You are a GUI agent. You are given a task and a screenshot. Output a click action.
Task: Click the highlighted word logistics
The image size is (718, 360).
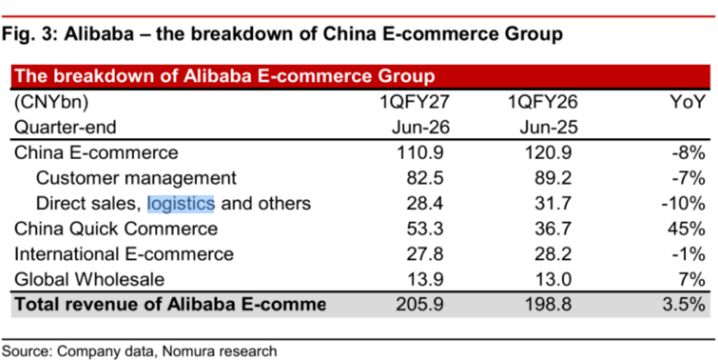pyautogui.click(x=180, y=204)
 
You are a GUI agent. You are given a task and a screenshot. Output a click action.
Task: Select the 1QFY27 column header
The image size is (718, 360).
pyautogui.click(x=414, y=102)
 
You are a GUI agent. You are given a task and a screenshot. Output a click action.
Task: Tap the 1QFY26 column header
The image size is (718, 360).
pyautogui.click(x=543, y=102)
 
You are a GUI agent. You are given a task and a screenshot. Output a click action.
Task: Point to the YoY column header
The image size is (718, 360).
pyautogui.click(x=687, y=102)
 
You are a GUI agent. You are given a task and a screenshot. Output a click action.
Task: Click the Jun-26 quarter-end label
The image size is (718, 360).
pyautogui.click(x=421, y=127)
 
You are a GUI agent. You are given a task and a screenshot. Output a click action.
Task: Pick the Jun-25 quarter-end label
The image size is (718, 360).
pyautogui.click(x=549, y=127)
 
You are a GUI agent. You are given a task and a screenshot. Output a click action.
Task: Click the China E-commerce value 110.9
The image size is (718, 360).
pyautogui.click(x=420, y=153)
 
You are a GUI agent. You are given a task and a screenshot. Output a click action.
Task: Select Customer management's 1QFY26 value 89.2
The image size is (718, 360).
pyautogui.click(x=553, y=178)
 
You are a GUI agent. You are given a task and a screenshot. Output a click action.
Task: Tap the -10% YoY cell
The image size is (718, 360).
pyautogui.click(x=683, y=204)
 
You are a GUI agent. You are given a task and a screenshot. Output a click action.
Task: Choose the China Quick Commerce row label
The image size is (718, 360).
pyautogui.click(x=116, y=229)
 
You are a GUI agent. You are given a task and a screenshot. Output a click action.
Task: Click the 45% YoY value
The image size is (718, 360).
pyautogui.click(x=687, y=229)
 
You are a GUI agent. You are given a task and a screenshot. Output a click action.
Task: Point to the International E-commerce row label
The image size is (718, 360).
pyautogui.click(x=124, y=254)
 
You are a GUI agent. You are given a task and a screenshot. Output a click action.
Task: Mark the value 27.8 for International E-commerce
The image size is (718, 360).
pyautogui.click(x=425, y=254)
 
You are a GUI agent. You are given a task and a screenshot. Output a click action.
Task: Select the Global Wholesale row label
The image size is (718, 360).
pyautogui.click(x=90, y=279)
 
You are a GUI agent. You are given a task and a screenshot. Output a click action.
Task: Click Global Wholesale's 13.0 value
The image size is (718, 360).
pyautogui.click(x=554, y=279)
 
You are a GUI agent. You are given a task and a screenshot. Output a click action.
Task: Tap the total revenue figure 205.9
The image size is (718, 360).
pyautogui.click(x=420, y=304)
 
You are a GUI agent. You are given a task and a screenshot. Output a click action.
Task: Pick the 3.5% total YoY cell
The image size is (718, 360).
pyautogui.click(x=684, y=304)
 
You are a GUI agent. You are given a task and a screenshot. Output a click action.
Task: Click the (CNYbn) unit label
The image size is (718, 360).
pyautogui.click(x=51, y=102)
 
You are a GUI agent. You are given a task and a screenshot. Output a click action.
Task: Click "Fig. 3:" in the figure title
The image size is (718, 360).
pyautogui.click(x=30, y=34)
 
